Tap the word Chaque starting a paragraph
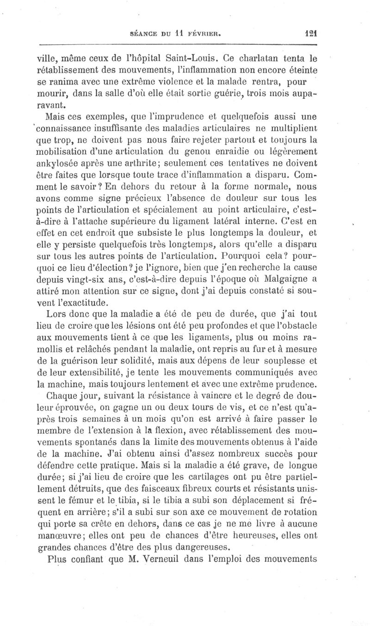click(x=63, y=395)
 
